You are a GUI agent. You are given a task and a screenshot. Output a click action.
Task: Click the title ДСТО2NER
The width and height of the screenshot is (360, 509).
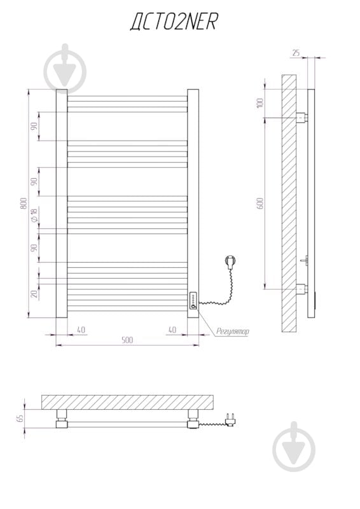174,22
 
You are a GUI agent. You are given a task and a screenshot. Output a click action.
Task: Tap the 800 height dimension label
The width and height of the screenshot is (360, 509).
24,203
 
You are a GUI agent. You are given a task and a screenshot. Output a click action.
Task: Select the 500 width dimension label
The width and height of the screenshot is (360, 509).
127,340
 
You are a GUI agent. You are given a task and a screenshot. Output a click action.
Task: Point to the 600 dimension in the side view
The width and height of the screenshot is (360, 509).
260,203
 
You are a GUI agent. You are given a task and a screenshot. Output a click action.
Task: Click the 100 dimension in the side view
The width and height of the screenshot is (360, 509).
260,103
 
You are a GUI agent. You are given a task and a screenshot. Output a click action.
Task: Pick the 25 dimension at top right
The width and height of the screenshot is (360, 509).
296,53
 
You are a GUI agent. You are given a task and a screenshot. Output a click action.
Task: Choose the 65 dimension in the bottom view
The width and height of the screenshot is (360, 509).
20,418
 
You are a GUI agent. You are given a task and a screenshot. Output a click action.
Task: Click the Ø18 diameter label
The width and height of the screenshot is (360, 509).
34,215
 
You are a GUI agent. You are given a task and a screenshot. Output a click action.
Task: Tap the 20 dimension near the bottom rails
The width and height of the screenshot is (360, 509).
34,294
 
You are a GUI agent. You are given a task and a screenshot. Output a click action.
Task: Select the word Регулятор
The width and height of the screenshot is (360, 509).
233,331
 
